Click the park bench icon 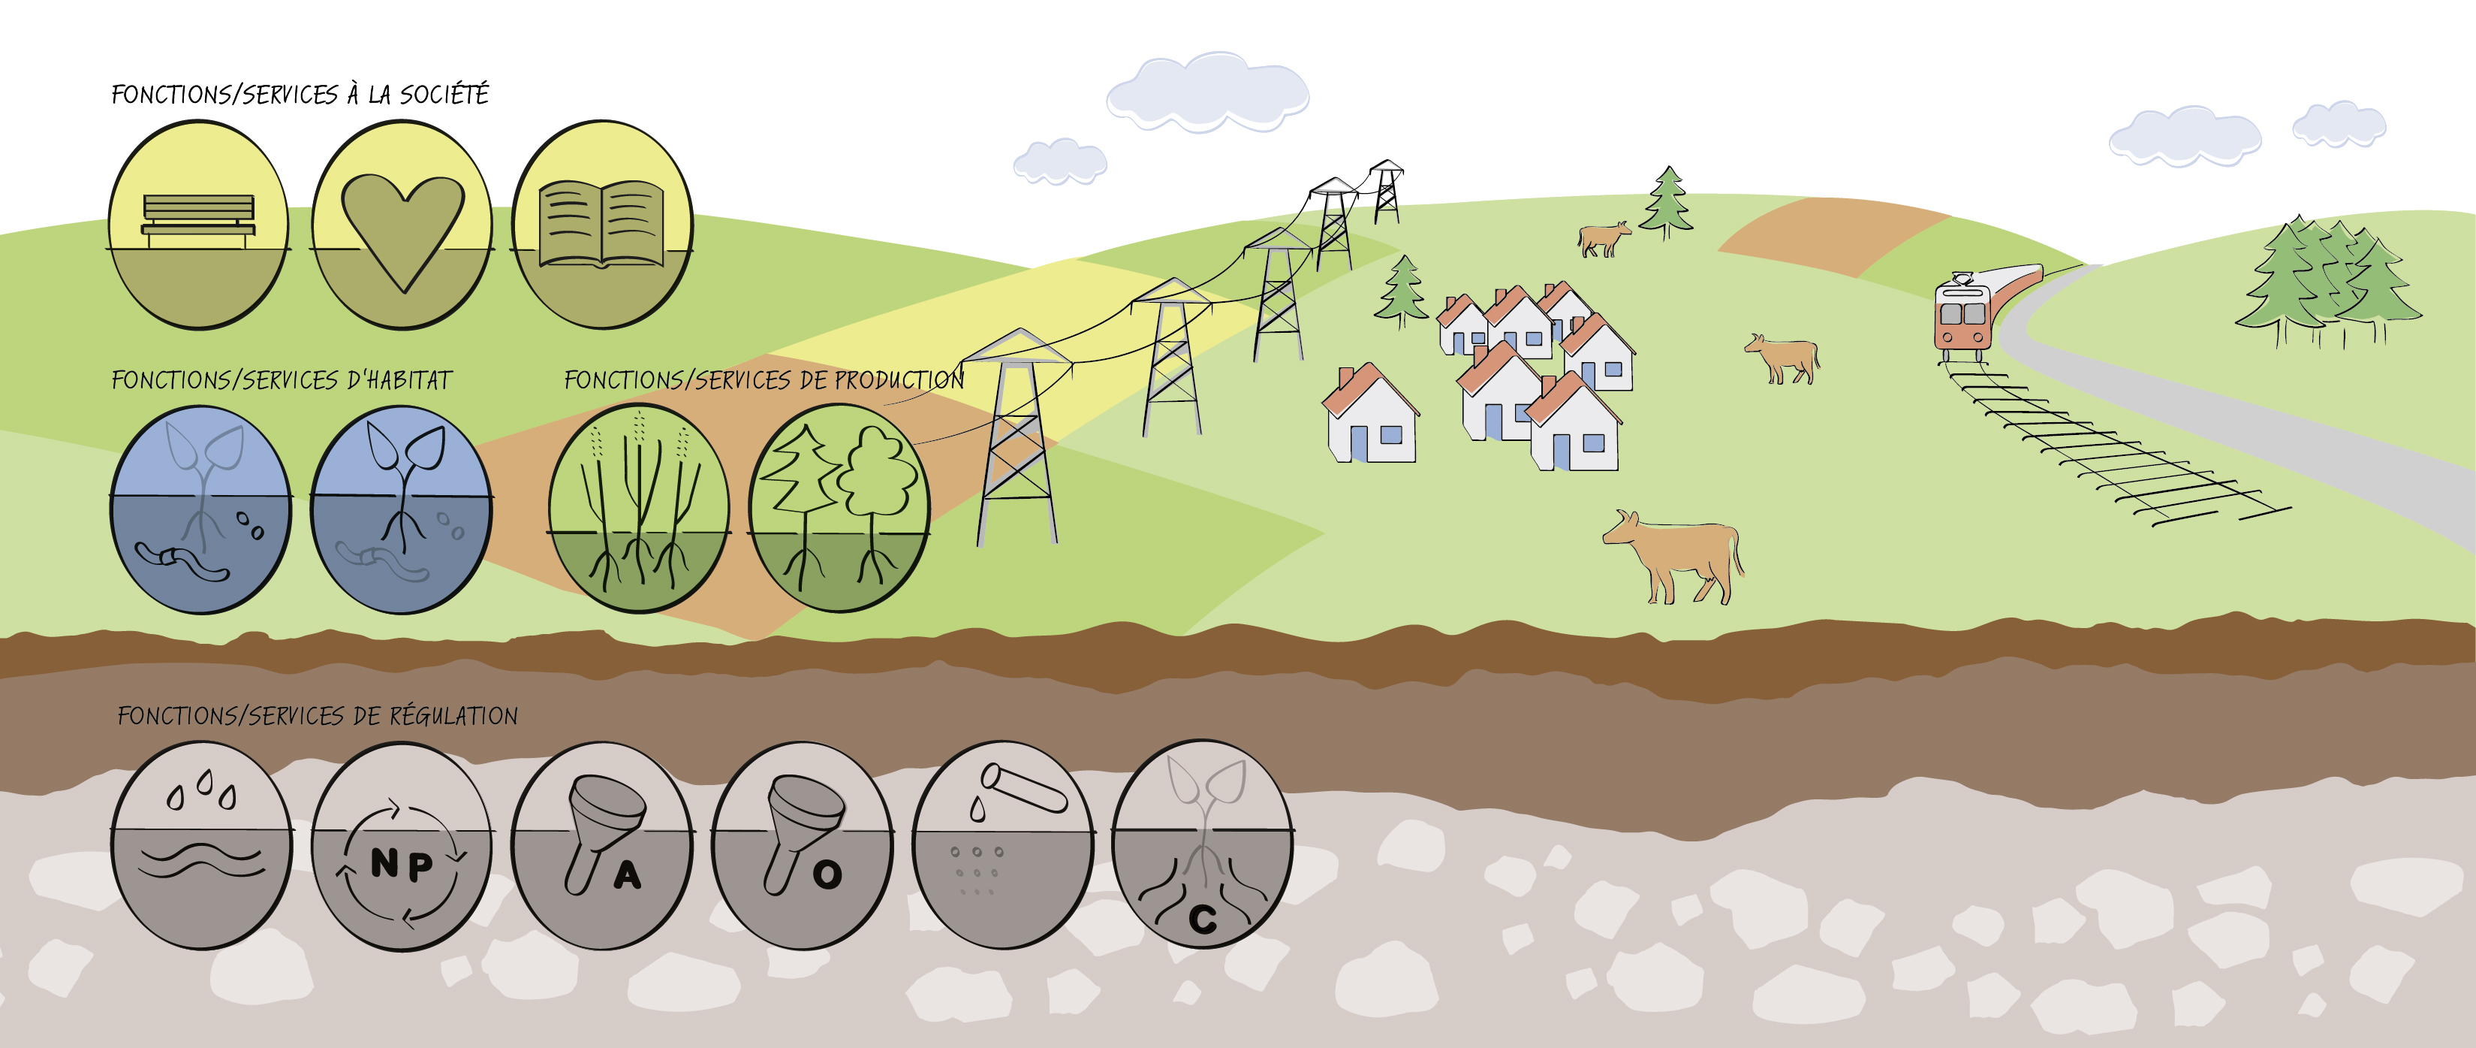pos(199,221)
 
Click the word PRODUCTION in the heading pos(899,380)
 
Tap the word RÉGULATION pos(453,716)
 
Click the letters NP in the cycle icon pos(402,865)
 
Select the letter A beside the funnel pos(628,875)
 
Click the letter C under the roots pos(1203,920)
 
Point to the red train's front pos(1962,317)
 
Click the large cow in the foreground pos(1673,556)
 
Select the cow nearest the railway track pos(1783,358)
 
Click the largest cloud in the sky pos(1207,92)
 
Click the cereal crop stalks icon pos(638,508)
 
